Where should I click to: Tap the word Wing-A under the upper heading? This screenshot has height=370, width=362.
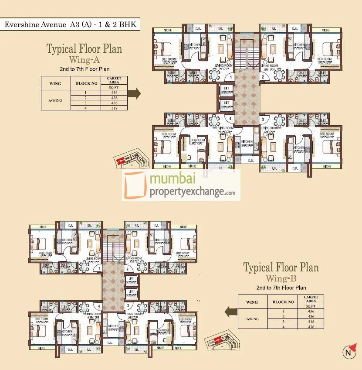tap(84, 59)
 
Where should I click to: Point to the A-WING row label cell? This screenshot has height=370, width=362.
tap(55, 100)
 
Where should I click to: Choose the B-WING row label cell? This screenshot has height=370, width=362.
tap(252, 319)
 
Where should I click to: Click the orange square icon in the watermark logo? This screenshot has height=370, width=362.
tap(135, 185)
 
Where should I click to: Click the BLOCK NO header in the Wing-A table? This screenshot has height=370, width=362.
tap(83, 83)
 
